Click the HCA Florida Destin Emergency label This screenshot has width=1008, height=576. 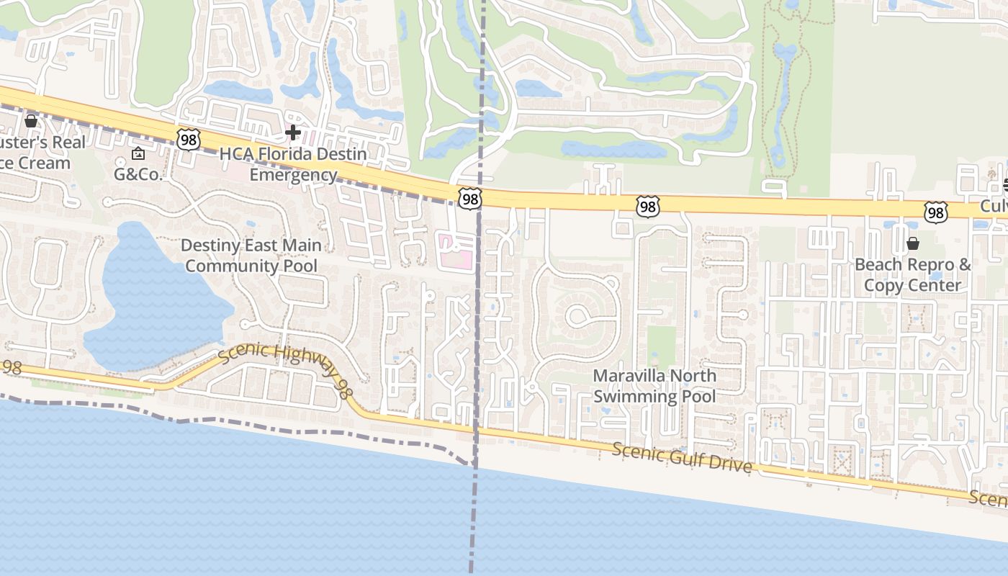point(293,164)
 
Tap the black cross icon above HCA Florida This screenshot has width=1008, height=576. point(293,132)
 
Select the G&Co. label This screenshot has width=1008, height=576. point(139,174)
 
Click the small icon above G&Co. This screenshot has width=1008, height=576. point(138,153)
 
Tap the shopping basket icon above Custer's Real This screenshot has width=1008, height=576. point(31,121)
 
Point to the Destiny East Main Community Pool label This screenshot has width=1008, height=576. point(251,256)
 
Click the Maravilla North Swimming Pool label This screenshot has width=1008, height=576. point(654,386)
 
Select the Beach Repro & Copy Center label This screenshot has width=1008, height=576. point(912,275)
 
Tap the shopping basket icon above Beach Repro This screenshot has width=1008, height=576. point(913,243)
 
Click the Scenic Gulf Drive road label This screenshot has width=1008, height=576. point(682,458)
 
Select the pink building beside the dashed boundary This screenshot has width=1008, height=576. point(456,252)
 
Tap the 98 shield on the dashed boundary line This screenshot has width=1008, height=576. point(469,199)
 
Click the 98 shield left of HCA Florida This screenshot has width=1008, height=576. point(189,140)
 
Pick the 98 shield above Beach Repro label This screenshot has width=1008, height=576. point(935,212)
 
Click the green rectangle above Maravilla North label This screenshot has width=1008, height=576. point(662,346)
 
